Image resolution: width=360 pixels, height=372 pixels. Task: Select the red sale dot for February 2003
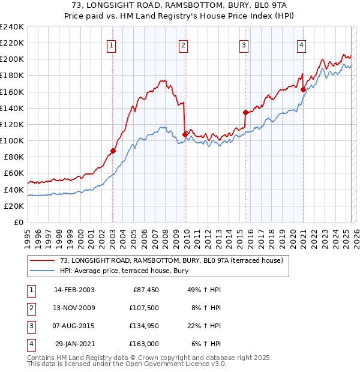(x=113, y=151)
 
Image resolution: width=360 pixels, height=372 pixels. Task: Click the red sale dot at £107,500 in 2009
(x=185, y=134)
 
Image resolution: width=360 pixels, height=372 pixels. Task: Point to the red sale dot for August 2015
(x=245, y=112)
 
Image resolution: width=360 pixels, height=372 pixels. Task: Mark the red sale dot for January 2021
(x=304, y=89)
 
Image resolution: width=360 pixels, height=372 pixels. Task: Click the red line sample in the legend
(x=42, y=260)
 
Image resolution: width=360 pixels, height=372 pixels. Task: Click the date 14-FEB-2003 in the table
(x=74, y=290)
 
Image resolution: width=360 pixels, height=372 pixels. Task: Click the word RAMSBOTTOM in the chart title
(x=143, y=5)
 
